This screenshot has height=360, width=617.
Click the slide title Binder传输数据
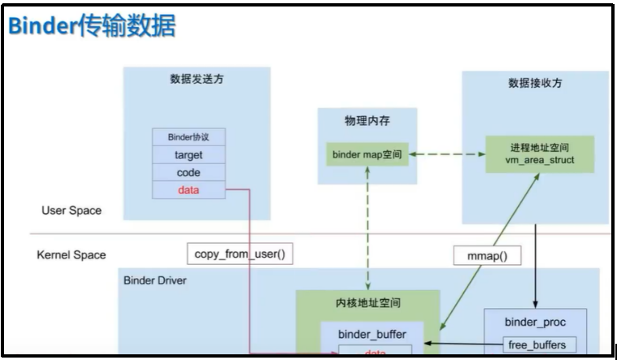(x=92, y=26)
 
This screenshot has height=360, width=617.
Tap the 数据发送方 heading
(x=196, y=80)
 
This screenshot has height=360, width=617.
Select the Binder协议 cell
(x=188, y=137)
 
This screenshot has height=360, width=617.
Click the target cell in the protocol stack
(x=188, y=154)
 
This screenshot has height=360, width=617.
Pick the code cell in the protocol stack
(x=188, y=172)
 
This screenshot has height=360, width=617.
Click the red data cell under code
(x=188, y=190)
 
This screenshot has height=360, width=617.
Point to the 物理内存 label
(x=367, y=120)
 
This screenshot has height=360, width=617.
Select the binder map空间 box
(x=367, y=154)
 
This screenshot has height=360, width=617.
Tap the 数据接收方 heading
(x=534, y=83)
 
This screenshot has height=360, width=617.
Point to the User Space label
(x=72, y=210)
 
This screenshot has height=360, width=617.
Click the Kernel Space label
(x=72, y=254)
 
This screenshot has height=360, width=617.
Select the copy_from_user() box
(x=240, y=254)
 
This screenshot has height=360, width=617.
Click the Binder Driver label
(x=154, y=280)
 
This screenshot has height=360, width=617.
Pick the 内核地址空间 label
(x=367, y=302)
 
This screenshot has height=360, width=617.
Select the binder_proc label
(x=534, y=321)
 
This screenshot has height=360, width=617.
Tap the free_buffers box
(x=537, y=345)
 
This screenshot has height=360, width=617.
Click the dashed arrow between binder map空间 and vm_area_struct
(x=445, y=154)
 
